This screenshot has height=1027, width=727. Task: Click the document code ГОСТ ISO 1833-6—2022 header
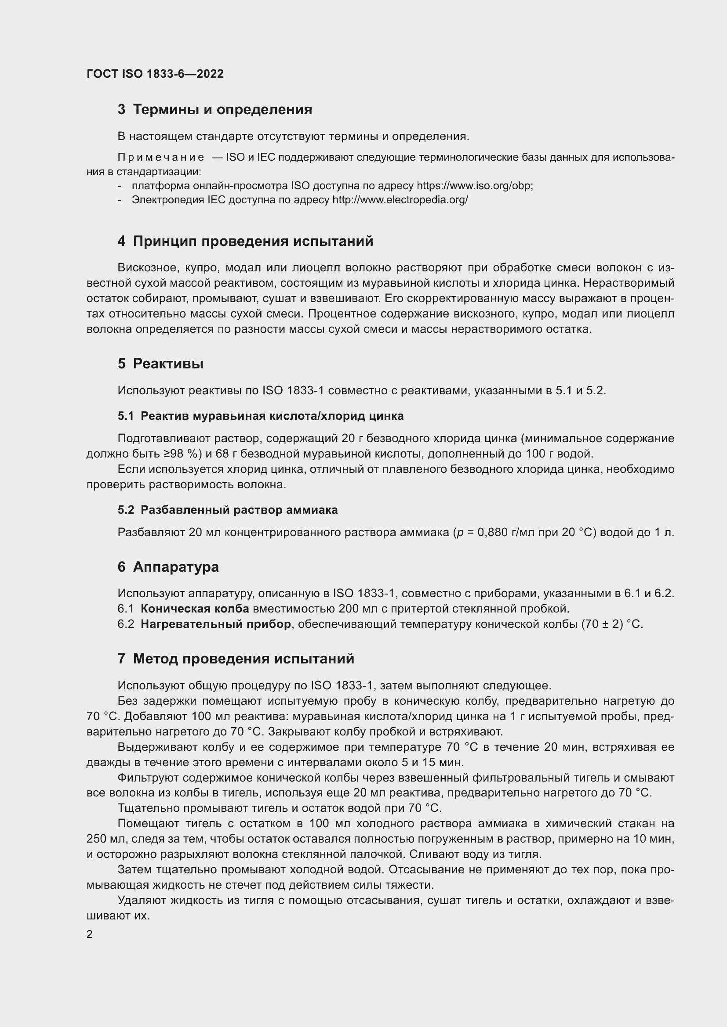pyautogui.click(x=155, y=74)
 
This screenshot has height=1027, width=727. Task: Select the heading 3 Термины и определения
pyautogui.click(x=215, y=109)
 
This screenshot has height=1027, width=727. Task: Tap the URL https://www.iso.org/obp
pyautogui.click(x=474, y=186)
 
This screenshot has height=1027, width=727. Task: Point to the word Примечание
pyautogui.click(x=161, y=158)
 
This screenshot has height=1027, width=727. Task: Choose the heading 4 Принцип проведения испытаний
pyautogui.click(x=245, y=241)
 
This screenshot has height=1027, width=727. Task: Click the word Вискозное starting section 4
pyautogui.click(x=144, y=268)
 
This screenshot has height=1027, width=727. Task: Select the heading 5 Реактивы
pyautogui.click(x=160, y=364)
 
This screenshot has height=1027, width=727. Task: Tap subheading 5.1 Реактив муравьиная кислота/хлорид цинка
pyautogui.click(x=261, y=416)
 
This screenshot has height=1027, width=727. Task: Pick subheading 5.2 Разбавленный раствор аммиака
pyautogui.click(x=227, y=510)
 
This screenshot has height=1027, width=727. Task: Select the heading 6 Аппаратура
pyautogui.click(x=168, y=567)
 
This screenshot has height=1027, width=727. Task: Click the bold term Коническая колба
pyautogui.click(x=195, y=609)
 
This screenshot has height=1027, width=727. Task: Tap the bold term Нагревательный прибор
pyautogui.click(x=216, y=624)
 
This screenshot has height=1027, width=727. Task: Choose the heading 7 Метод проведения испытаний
pyautogui.click(x=236, y=659)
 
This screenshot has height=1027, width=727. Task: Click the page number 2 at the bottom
pyautogui.click(x=90, y=934)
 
